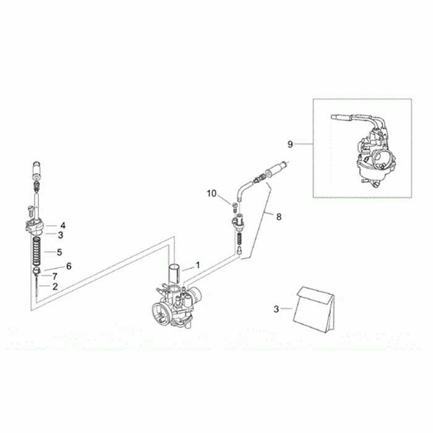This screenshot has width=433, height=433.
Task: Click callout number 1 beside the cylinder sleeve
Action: [x=198, y=265]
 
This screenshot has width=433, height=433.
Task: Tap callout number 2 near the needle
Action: [x=55, y=286]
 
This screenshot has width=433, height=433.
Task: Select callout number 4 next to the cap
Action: [x=63, y=226]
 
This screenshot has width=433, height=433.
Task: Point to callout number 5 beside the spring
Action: [x=59, y=252]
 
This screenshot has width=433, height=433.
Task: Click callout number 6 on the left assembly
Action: [x=69, y=266]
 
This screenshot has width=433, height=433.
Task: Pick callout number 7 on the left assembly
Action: [x=55, y=276]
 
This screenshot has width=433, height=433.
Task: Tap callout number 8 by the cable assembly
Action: [x=279, y=217]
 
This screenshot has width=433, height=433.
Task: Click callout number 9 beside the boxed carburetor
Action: [x=290, y=144]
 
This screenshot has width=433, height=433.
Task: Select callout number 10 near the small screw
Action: [x=212, y=194]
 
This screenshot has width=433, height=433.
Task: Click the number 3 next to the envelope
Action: [x=277, y=309]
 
